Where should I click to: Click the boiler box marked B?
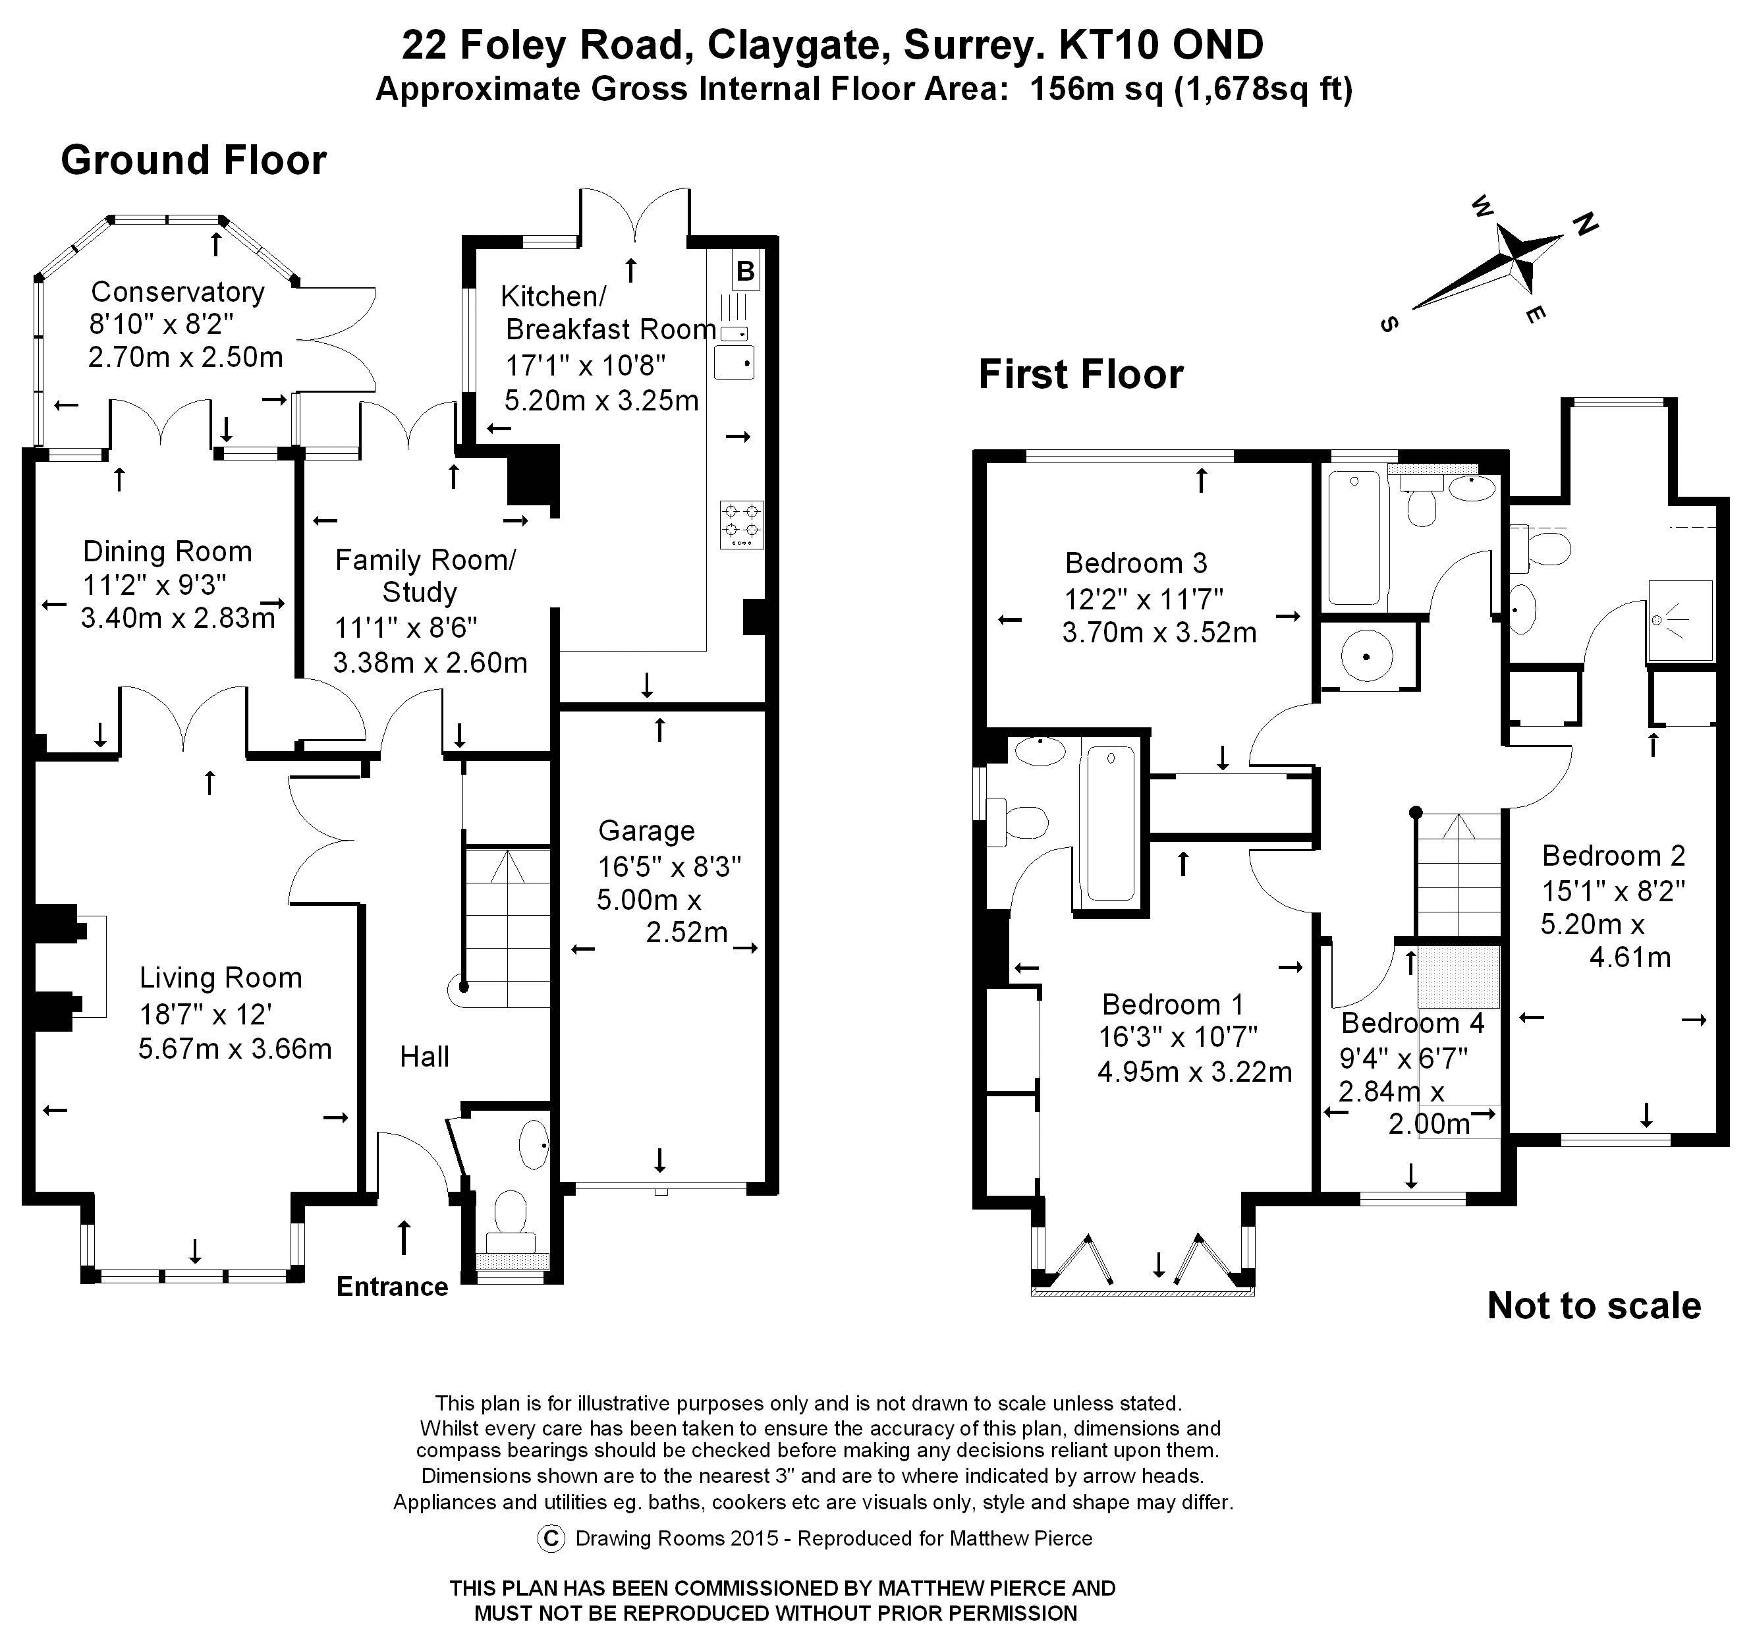[x=745, y=271]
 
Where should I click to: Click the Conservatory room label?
[x=178, y=292]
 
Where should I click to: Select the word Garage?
[x=646, y=831]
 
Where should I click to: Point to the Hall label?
[x=424, y=1056]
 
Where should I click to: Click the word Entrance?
[x=392, y=1287]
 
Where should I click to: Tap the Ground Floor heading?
[x=194, y=160]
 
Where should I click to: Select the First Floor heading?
[x=1081, y=374]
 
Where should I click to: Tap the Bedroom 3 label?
[x=1136, y=562]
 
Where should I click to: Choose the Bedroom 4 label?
[x=1413, y=1022]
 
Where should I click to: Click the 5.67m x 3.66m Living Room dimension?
[x=235, y=1049]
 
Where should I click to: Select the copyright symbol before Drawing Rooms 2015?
[x=551, y=1538]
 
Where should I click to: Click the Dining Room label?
[x=167, y=551]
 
